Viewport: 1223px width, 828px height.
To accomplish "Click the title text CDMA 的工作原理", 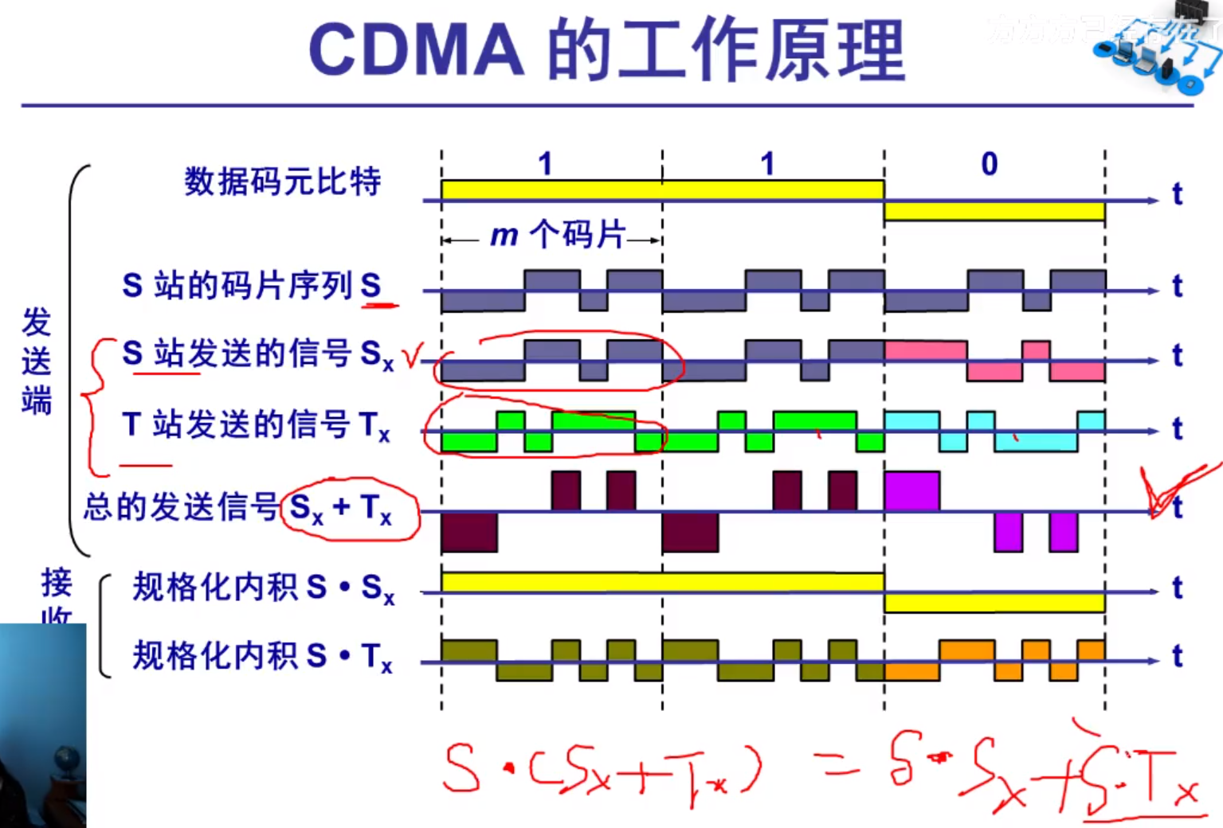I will coord(607,49).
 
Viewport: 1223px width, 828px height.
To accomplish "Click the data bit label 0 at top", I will coord(989,164).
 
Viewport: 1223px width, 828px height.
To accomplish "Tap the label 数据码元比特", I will coord(283,182).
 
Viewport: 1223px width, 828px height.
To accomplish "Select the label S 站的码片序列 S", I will coord(251,285).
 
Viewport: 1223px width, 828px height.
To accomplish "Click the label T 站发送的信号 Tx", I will coord(255,425).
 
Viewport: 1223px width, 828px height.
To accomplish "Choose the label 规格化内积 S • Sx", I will coord(263,588).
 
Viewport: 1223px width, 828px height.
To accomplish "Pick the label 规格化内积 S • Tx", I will coord(263,657).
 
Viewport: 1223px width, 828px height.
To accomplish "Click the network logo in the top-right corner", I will coord(1159,52).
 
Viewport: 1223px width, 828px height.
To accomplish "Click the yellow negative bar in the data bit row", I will coord(994,211).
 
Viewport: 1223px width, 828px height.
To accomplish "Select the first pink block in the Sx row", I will coord(925,350).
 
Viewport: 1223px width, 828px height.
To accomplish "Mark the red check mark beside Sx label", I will coord(413,356).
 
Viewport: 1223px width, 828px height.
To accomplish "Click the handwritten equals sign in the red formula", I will coord(837,767).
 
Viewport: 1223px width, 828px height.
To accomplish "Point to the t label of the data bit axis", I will coord(1177,194).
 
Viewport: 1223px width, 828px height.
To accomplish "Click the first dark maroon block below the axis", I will coord(469,532).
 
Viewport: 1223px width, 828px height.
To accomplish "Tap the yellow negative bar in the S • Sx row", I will coord(994,603).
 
